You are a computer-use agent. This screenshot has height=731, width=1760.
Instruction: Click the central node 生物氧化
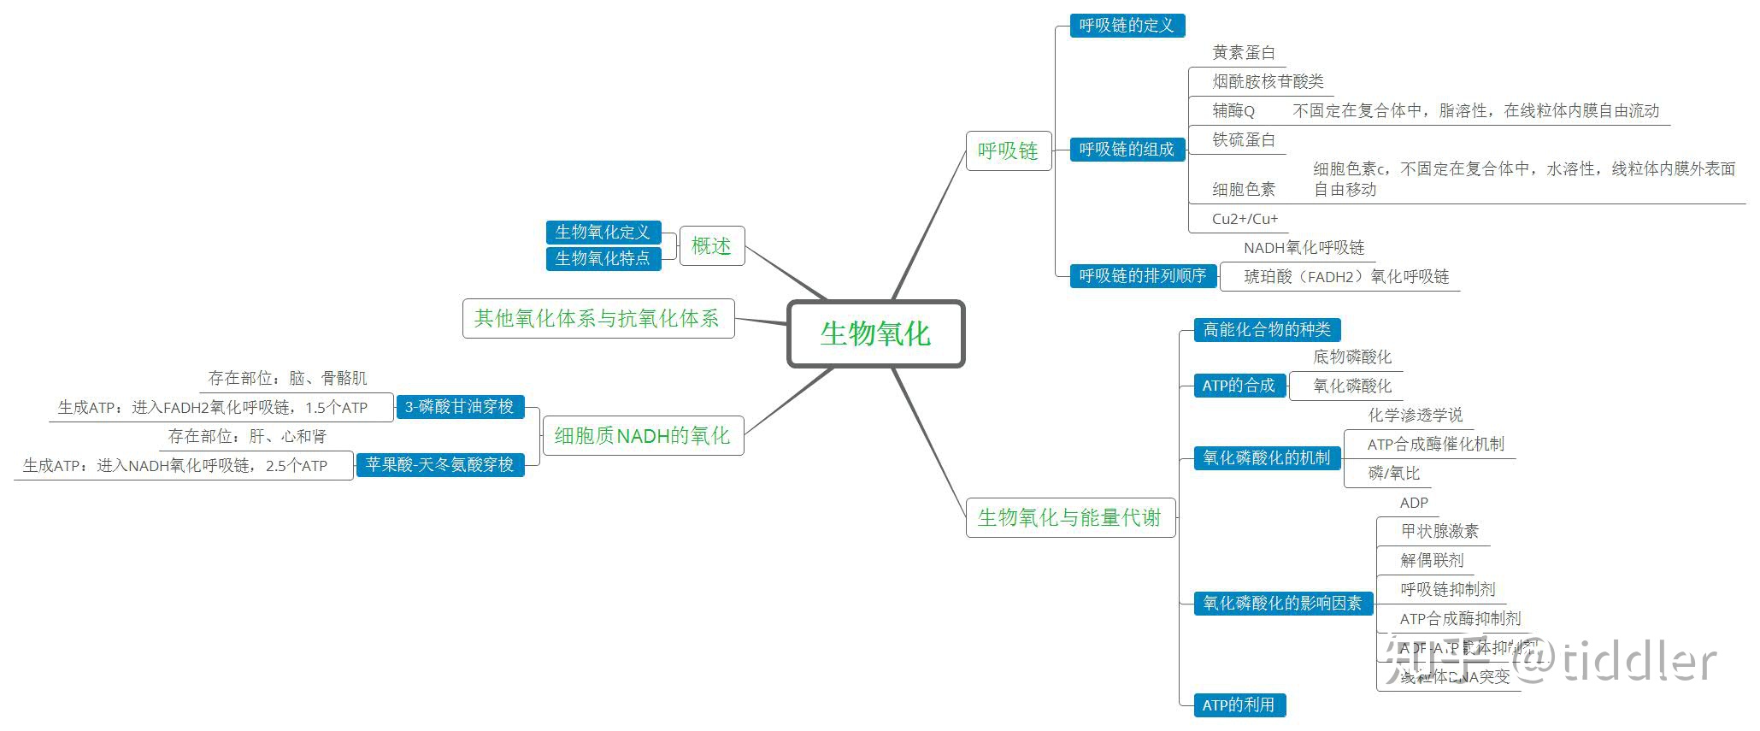click(x=875, y=333)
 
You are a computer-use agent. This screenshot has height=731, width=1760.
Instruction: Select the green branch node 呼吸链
click(x=1008, y=150)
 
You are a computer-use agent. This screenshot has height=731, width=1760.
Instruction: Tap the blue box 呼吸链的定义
click(x=1127, y=26)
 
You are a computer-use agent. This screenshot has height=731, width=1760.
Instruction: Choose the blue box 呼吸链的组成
click(x=1127, y=150)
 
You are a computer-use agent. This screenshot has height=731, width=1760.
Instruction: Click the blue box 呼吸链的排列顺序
click(x=1142, y=276)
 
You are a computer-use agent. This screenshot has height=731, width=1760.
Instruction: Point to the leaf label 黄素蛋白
click(x=1244, y=53)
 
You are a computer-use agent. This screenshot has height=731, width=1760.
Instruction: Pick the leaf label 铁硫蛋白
click(x=1244, y=140)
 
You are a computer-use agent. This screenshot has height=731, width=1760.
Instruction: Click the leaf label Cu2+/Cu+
click(x=1245, y=219)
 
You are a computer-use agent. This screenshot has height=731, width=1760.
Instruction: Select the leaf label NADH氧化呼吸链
click(x=1304, y=248)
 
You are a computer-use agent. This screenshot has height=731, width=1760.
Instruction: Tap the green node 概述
click(x=711, y=246)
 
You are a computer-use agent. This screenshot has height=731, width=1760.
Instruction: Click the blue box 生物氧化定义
click(x=603, y=233)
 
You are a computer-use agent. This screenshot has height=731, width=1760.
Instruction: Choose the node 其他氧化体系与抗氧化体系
click(x=597, y=319)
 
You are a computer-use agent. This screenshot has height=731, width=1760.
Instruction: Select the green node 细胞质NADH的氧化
click(x=642, y=436)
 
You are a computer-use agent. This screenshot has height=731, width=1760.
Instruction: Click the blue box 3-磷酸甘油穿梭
click(x=459, y=407)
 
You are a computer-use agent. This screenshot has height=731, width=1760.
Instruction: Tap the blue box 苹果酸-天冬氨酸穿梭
click(x=439, y=465)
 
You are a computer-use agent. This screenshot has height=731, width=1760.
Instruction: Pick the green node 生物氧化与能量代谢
click(x=1069, y=517)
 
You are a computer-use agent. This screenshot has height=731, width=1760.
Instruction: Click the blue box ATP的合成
click(x=1239, y=386)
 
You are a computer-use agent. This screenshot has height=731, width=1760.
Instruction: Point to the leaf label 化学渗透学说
click(x=1415, y=416)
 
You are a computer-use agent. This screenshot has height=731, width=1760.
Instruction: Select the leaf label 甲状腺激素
click(x=1439, y=532)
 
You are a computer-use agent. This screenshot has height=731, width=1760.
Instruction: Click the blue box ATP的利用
click(x=1239, y=705)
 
